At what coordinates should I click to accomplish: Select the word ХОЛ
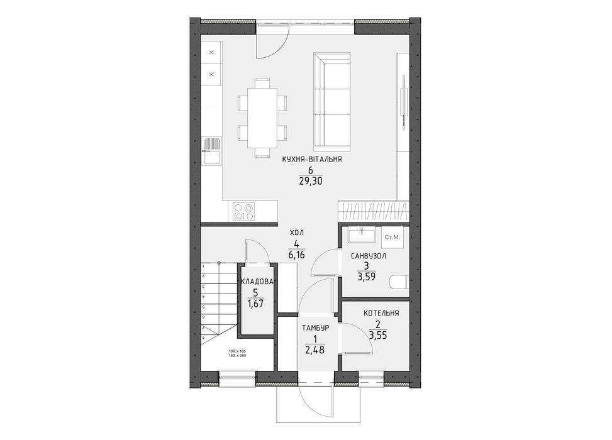pos(296,233)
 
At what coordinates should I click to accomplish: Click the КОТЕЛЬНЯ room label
pos(381,312)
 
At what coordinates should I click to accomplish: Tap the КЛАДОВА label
pos(257,282)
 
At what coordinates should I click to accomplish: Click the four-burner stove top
pos(244,211)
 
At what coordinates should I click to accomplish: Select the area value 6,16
pos(296,255)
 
